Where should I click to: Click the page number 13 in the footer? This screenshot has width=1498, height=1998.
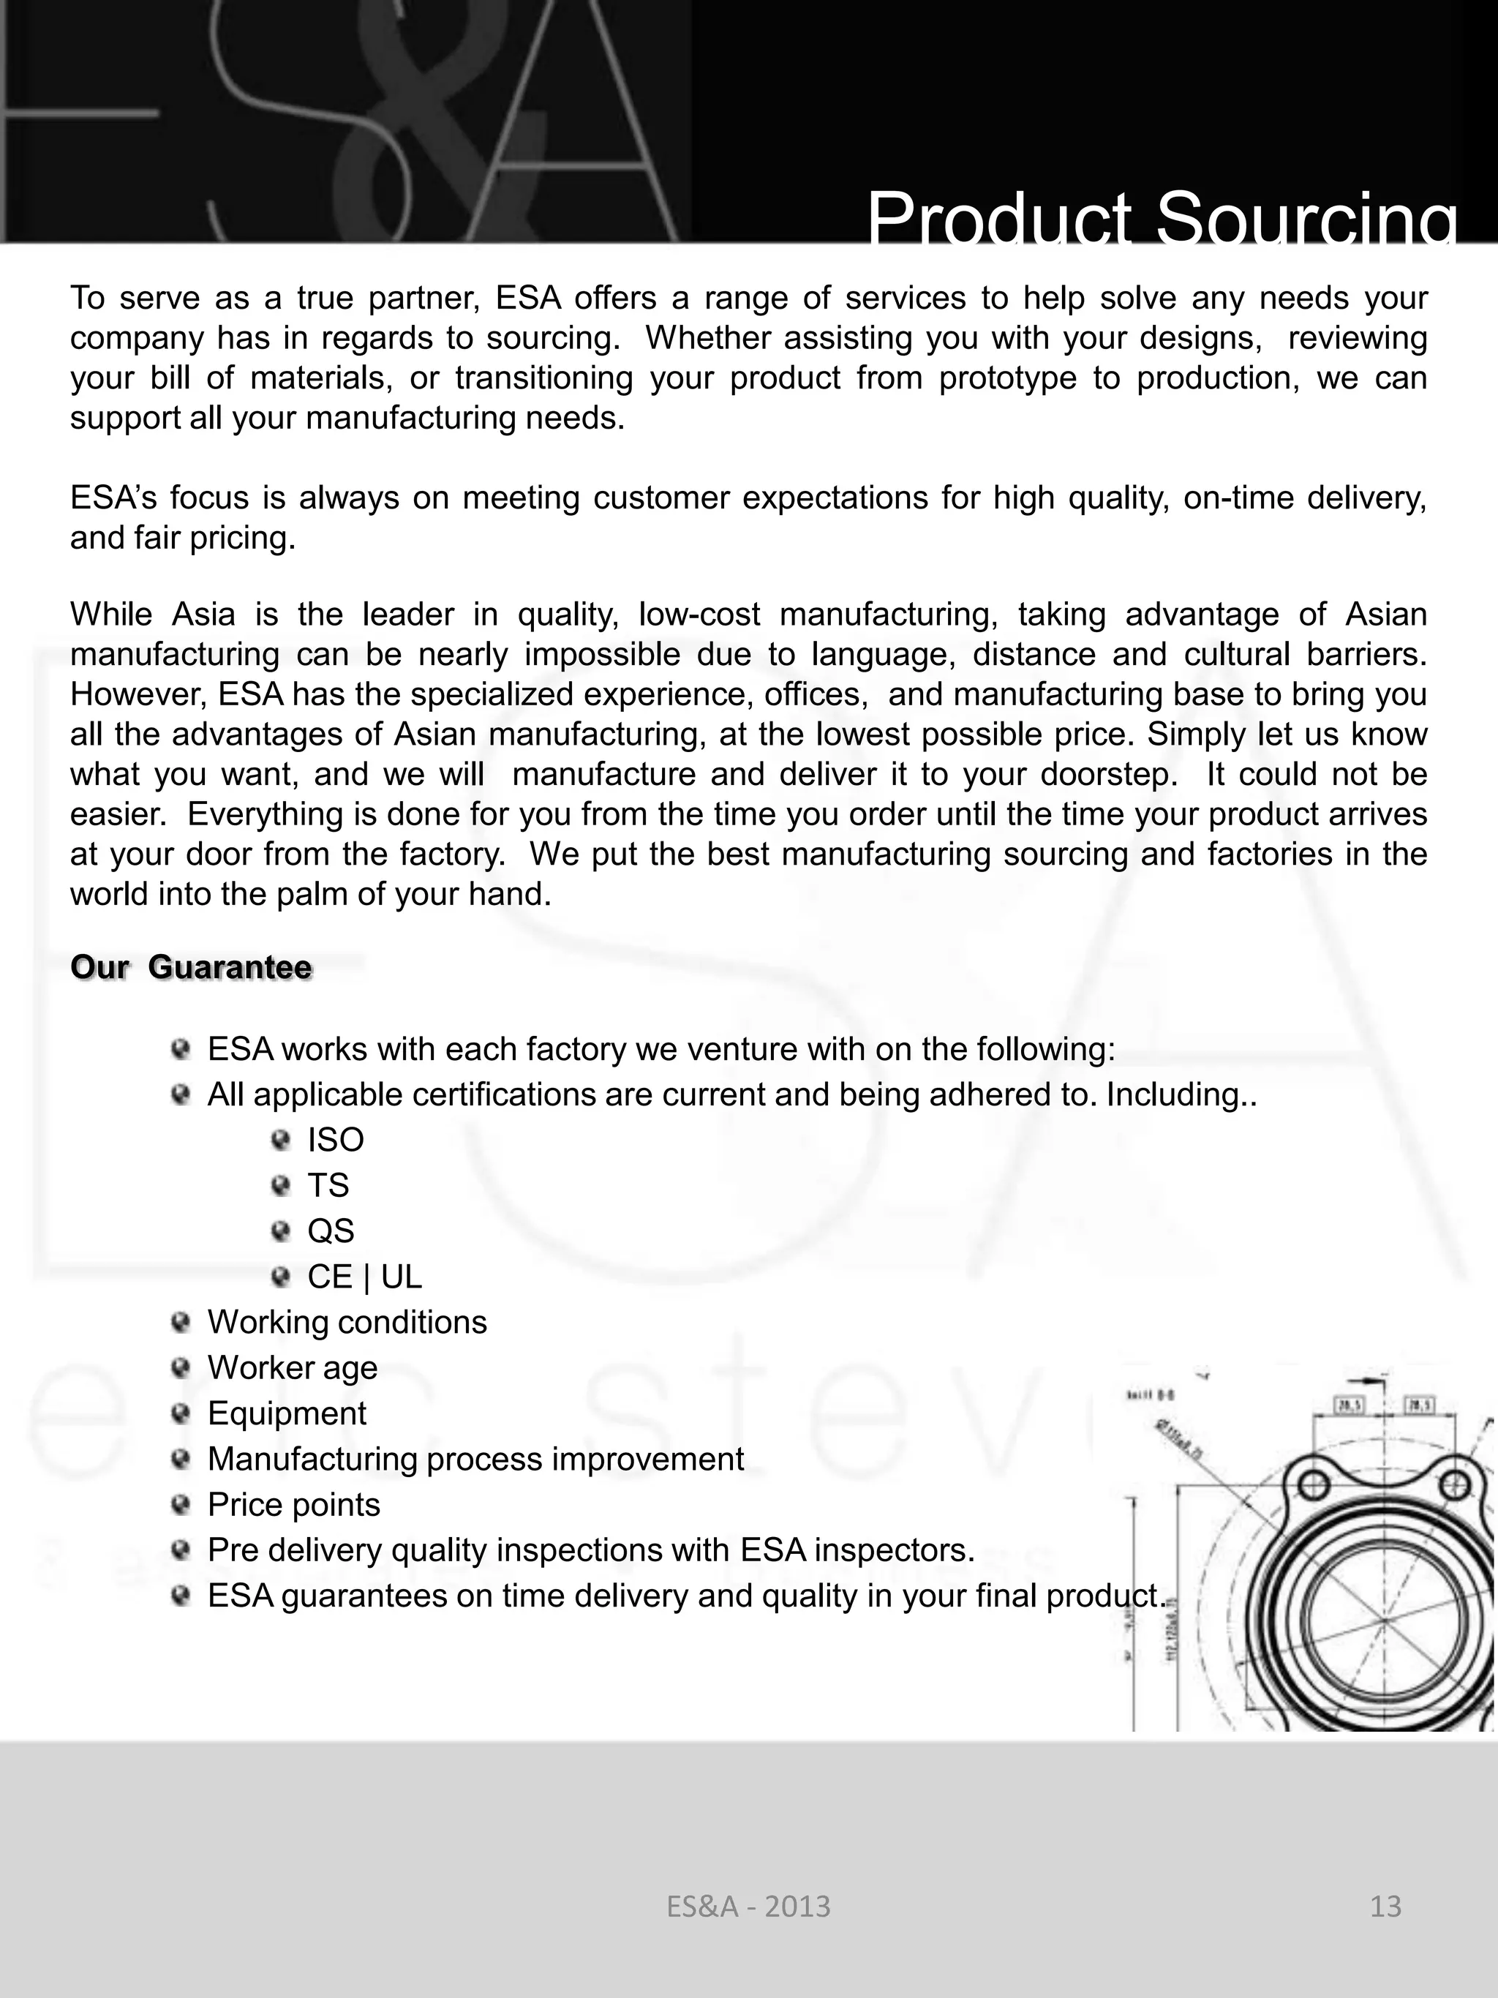(x=1385, y=1906)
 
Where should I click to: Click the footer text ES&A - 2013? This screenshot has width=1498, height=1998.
(x=748, y=1906)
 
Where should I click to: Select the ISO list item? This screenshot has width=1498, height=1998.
(x=335, y=1140)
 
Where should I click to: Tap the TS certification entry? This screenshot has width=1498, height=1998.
(x=328, y=1185)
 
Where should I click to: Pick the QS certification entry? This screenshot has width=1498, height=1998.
(x=331, y=1231)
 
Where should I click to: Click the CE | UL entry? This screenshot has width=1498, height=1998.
(x=364, y=1277)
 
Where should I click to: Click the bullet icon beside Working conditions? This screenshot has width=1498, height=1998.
(x=181, y=1322)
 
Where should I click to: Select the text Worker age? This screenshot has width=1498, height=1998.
(x=292, y=1367)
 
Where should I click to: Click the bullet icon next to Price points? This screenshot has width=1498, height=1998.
(x=181, y=1505)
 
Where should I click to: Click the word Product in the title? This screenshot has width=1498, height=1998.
(x=998, y=219)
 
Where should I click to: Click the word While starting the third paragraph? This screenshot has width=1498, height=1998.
(x=114, y=615)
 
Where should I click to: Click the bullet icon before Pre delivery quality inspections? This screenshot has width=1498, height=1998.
(x=181, y=1550)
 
